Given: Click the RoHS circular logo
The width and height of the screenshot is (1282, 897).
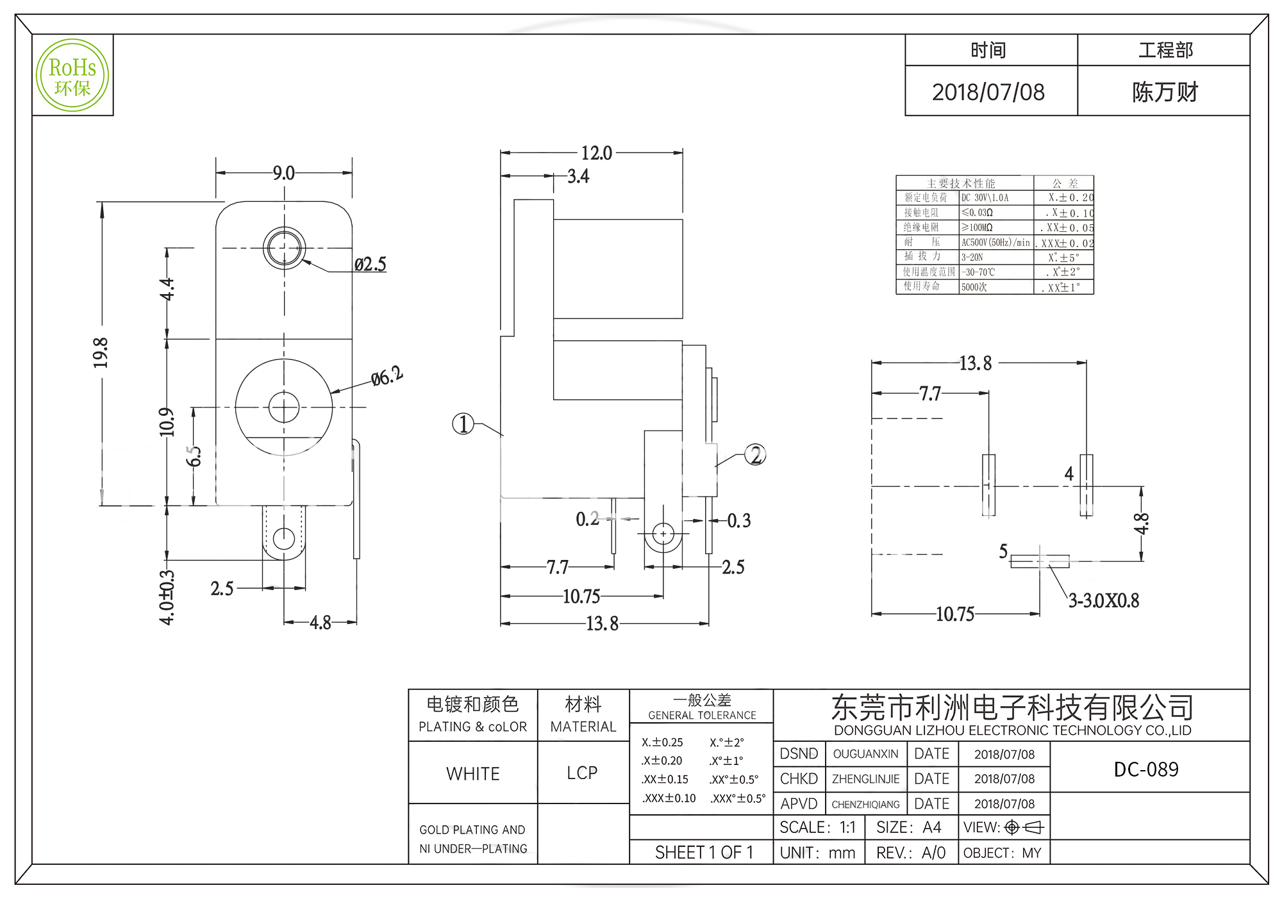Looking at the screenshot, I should (72, 76).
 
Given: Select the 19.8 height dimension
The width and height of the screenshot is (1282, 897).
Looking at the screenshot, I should (101, 353).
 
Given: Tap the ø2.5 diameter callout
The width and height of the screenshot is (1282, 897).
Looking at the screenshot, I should (370, 264).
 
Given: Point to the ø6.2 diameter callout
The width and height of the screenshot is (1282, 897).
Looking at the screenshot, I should (387, 376).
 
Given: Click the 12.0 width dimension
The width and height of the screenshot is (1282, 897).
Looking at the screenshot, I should (596, 153).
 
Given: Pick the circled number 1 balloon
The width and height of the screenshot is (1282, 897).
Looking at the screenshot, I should (463, 424).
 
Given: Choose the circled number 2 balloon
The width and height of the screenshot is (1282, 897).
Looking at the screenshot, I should (756, 455).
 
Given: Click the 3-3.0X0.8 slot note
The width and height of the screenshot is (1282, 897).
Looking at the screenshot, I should (1103, 601).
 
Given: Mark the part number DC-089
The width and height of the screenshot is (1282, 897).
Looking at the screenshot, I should (1146, 769).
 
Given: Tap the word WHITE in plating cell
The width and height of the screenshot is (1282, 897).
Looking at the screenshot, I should (473, 774).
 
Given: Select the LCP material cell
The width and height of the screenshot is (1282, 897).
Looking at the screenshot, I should (582, 773).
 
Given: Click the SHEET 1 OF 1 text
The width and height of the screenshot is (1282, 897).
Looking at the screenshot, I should (704, 853).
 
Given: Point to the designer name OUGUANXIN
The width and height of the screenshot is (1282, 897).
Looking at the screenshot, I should (865, 754).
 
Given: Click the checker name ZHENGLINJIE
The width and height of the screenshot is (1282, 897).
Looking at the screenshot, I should (865, 779).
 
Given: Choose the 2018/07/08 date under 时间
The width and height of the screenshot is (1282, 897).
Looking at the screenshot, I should (988, 92).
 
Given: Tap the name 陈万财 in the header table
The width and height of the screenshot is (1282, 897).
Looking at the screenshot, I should (1165, 92).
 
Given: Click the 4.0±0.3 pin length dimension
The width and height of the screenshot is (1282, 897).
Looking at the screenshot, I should (167, 597).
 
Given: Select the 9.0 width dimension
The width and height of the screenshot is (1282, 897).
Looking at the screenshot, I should (283, 173).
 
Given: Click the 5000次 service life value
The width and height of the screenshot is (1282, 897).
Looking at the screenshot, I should (974, 288).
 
